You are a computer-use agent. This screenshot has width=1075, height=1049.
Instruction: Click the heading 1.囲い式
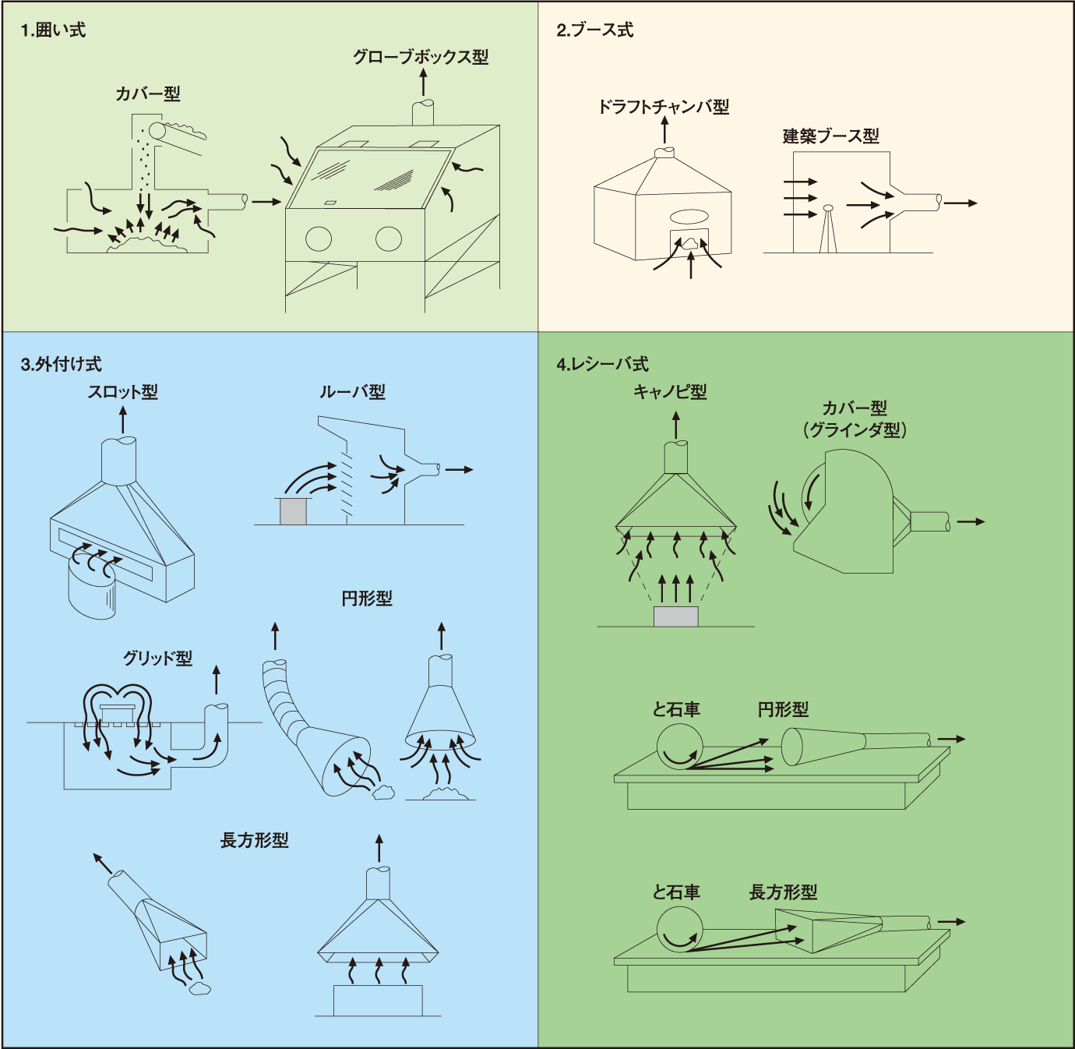pos(53,30)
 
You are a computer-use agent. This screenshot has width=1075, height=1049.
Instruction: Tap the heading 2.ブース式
pos(594,30)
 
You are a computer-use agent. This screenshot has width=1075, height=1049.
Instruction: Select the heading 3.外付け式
pos(61,364)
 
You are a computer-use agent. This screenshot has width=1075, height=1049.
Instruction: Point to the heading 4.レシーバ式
pos(602,364)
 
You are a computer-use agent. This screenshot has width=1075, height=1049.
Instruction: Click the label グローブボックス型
pos(421,57)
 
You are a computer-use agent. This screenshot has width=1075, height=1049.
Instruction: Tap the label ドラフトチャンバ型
pos(663,107)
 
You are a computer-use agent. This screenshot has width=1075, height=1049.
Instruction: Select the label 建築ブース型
pos(830,136)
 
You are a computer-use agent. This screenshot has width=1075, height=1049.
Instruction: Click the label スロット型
pos(122,392)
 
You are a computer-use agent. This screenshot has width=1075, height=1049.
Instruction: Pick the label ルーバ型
pos(352,392)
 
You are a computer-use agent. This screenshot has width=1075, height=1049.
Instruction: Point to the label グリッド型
pos(157,659)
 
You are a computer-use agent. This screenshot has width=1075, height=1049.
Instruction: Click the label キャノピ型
pos(670,392)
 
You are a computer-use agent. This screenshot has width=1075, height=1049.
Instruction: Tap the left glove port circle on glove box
pos(319,238)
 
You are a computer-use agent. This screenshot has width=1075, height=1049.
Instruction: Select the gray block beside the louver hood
pos(293,511)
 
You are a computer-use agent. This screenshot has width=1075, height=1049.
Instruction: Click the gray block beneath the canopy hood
pos(675,616)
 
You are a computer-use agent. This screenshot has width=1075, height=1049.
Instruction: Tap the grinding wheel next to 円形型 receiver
pos(679,747)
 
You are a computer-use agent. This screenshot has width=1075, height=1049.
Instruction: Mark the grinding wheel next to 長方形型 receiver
pos(679,930)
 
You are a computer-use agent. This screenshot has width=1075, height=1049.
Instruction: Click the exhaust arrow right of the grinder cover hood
pos(971,521)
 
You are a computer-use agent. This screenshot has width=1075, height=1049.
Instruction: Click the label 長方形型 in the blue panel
pos(254,840)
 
